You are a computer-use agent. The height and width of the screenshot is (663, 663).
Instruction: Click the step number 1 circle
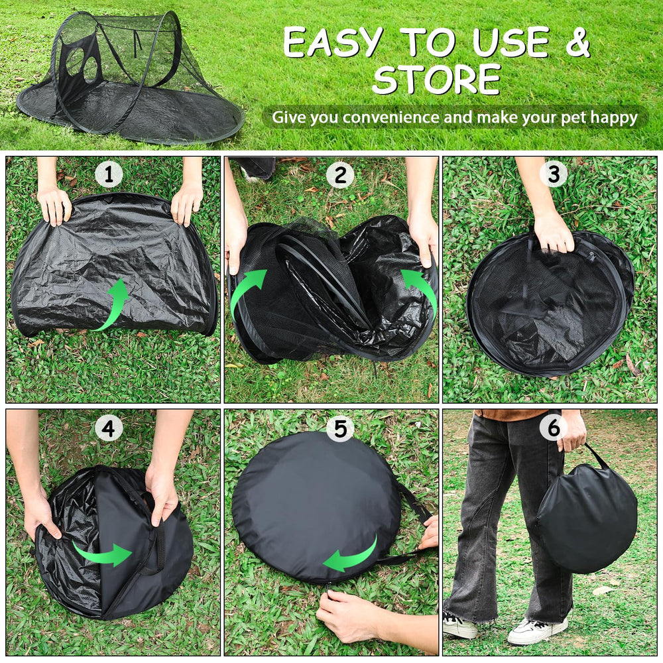pos(109,175)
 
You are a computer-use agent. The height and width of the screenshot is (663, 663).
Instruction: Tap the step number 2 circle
pos(339,175)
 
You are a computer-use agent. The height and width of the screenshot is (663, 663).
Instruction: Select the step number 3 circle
pos(553,174)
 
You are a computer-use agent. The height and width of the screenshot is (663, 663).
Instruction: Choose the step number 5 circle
pos(339,429)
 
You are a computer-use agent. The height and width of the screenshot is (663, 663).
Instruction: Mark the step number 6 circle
pos(553,428)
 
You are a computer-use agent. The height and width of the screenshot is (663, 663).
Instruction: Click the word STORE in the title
pos(436,80)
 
